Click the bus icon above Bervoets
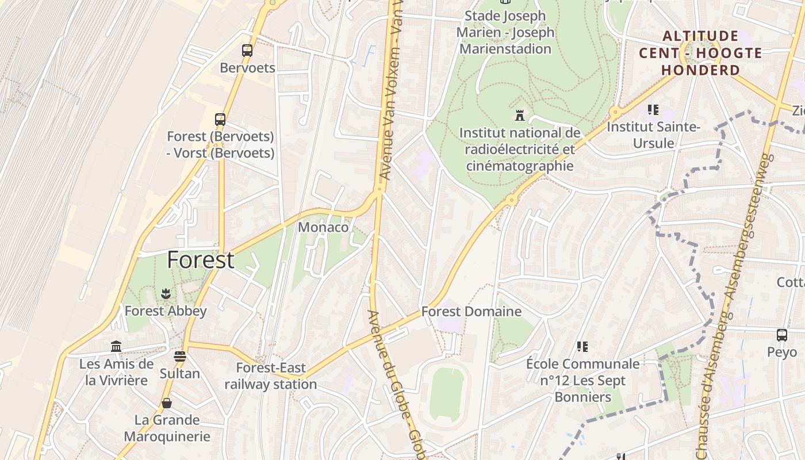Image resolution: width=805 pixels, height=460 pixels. pyautogui.click(x=247, y=51)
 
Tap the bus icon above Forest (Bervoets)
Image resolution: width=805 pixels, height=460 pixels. pyautogui.click(x=220, y=120)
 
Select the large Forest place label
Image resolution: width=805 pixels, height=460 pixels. pyautogui.click(x=200, y=260)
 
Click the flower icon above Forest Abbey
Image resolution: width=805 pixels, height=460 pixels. pyautogui.click(x=166, y=294)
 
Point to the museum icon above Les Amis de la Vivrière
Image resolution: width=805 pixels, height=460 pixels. pyautogui.click(x=116, y=346)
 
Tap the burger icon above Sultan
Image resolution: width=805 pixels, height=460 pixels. pyautogui.click(x=180, y=356)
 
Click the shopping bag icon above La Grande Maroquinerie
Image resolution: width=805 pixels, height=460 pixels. pyautogui.click(x=167, y=403)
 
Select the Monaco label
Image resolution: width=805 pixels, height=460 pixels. pyautogui.click(x=323, y=227)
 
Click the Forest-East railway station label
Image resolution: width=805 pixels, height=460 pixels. pyautogui.click(x=271, y=376)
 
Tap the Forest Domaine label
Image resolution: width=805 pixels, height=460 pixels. pyautogui.click(x=471, y=312)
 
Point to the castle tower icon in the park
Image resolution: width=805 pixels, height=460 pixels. pyautogui.click(x=520, y=115)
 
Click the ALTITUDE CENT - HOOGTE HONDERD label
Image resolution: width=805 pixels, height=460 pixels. pyautogui.click(x=700, y=53)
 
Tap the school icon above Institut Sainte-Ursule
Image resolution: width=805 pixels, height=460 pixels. pyautogui.click(x=653, y=109)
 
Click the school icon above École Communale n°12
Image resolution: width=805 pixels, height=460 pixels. pyautogui.click(x=582, y=347)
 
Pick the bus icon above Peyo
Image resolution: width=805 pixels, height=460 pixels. pyautogui.click(x=782, y=335)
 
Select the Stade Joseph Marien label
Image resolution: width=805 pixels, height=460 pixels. pyautogui.click(x=505, y=32)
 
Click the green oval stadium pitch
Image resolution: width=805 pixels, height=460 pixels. pyautogui.click(x=447, y=393)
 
